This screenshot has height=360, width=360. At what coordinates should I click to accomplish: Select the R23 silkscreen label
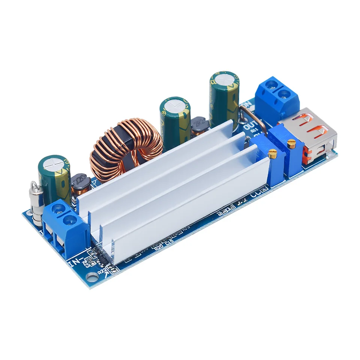[87, 262]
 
